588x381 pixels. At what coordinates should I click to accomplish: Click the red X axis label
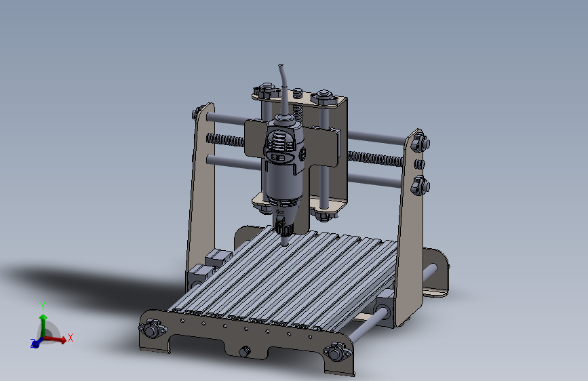pyautogui.click(x=70, y=338)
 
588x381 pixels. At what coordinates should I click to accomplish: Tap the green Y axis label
pyautogui.click(x=43, y=306)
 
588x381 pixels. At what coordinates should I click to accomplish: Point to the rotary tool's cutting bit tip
pyautogui.click(x=285, y=245)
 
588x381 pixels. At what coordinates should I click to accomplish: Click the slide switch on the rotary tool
pyautogui.click(x=278, y=157)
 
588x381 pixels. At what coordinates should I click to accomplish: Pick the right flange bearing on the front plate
pyautogui.click(x=337, y=352)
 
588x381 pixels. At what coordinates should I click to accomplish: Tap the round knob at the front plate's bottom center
pyautogui.click(x=245, y=352)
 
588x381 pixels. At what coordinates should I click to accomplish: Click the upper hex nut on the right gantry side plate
pyautogui.click(x=420, y=142)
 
